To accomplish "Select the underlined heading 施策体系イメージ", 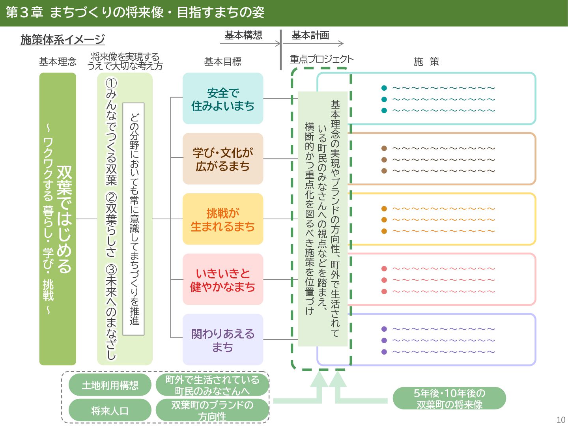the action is point(63,39).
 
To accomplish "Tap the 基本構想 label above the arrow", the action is point(243,35).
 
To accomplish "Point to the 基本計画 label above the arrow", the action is point(310,35).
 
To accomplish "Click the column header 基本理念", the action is point(58,62).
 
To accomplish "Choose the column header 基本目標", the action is point(222,62).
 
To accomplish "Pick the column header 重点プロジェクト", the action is point(321,59).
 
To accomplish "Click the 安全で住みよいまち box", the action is point(223,99).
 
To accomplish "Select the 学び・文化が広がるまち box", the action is point(223,159).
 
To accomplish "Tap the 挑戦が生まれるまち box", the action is point(223,219).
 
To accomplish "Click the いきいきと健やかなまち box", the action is point(223,279).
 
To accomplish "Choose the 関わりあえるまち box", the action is point(223,340).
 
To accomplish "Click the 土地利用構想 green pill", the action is point(110,385).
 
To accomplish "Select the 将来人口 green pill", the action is point(110,411).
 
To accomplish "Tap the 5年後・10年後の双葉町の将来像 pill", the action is point(449,398).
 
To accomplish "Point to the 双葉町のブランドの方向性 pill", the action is point(212,411).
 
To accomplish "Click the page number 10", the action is point(561,420).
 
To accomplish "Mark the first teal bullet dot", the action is point(384,88).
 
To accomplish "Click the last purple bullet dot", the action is point(384,352).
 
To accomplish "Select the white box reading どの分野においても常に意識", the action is point(134,219).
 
